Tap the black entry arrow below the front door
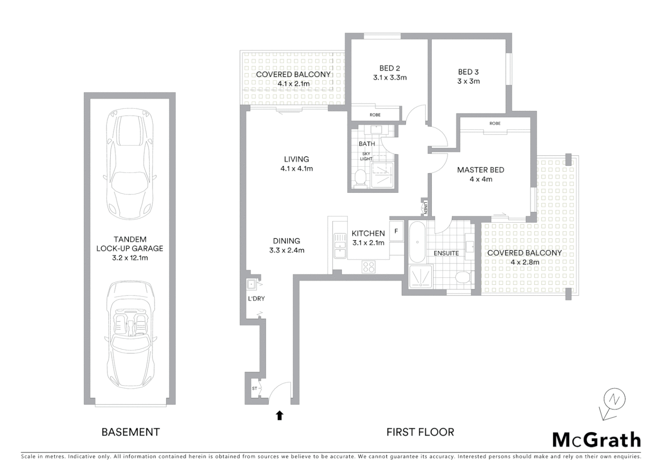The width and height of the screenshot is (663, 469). click(x=280, y=416)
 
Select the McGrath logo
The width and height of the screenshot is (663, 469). click(x=596, y=439)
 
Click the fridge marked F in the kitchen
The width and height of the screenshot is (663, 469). click(x=396, y=231)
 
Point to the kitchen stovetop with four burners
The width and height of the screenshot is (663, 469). click(x=368, y=266)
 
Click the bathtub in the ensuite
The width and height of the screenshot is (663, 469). click(x=417, y=242)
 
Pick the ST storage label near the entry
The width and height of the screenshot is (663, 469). click(x=254, y=389)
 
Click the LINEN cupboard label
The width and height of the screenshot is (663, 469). click(x=426, y=207)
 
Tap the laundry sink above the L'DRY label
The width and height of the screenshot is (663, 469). click(x=251, y=284)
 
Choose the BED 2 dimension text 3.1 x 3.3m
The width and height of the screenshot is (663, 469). click(x=389, y=78)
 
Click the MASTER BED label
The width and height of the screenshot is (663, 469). click(x=480, y=170)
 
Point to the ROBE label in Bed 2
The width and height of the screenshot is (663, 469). click(x=375, y=115)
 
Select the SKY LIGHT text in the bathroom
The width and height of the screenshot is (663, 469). click(x=366, y=156)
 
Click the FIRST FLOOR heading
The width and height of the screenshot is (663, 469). click(x=420, y=432)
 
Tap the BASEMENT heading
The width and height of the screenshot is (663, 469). click(x=131, y=432)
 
